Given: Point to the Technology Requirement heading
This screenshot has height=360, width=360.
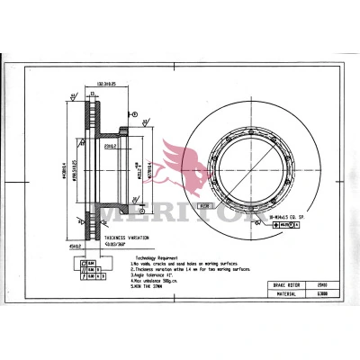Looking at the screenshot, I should pyautogui.click(x=155, y=256).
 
